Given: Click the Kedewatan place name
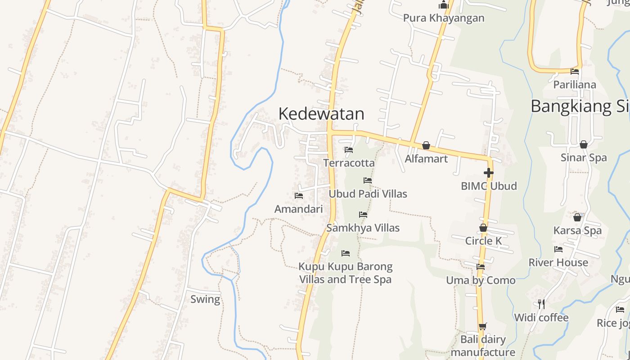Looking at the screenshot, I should point(321,114).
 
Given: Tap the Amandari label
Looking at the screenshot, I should point(298,209).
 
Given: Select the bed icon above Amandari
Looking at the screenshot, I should point(298,196).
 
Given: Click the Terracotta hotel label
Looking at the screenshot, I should point(349,163).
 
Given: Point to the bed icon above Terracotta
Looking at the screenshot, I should point(349,150).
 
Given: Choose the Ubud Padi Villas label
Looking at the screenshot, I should point(368,194).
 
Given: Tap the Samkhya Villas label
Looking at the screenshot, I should point(363,228).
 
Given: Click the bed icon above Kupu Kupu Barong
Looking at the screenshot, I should point(346,253).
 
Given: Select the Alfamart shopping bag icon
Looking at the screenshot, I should point(426,145).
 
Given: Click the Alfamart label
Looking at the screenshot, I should point(426,159).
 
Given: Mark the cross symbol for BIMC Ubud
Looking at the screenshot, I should point(489,172).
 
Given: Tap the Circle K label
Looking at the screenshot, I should point(483,241).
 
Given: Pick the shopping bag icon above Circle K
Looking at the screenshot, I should point(483,228).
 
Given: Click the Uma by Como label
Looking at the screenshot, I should point(481,280).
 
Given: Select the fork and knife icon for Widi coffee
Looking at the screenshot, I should point(541,304).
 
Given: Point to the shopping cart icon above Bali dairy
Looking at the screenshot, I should point(483,326).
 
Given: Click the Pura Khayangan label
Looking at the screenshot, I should point(443,18).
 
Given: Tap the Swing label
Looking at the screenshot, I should point(205,299).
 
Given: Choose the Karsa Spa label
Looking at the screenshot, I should point(577,231).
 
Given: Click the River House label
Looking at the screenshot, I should point(558,262).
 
